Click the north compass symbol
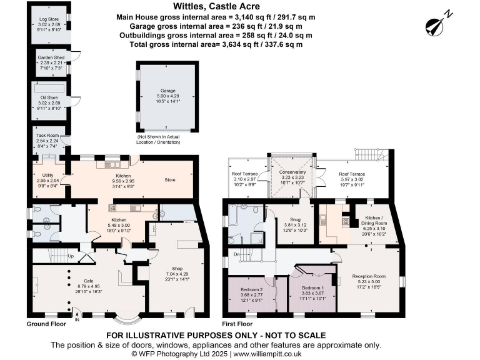[435, 24]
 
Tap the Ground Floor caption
[47, 324]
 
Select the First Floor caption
[237, 324]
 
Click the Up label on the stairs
[71, 256]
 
